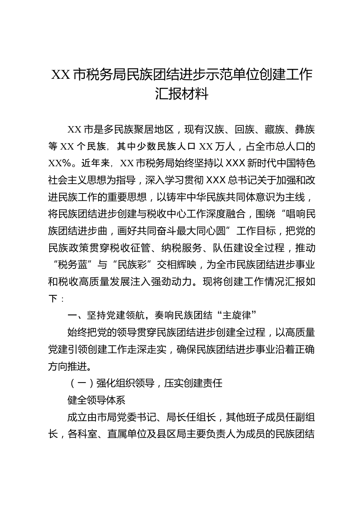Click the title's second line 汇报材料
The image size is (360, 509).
click(182, 94)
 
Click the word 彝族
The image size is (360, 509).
click(305, 130)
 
